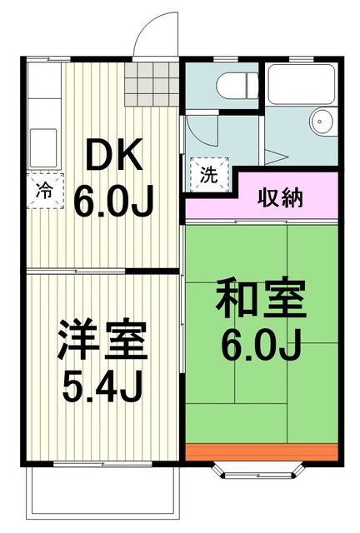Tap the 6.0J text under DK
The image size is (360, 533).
tap(115, 200)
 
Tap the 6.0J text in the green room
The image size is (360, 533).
tap(260, 342)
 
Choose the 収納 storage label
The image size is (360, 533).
tap(279, 198)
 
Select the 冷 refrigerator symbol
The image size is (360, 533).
tap(43, 188)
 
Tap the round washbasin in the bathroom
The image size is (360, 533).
tap(322, 122)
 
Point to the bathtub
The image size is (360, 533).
tap(301, 83)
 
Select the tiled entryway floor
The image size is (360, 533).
tap(152, 83)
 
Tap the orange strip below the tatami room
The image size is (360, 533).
tap(262, 452)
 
